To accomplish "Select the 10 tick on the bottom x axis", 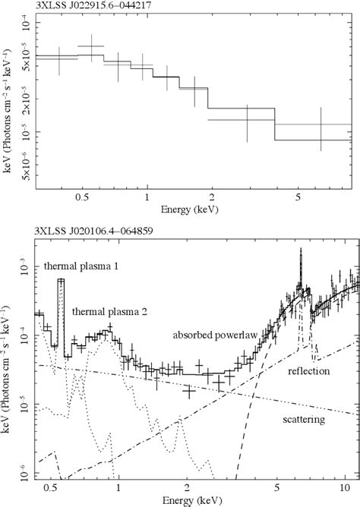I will pyautogui.click(x=343, y=489).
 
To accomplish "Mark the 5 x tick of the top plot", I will pyautogui.click(x=300, y=197).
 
